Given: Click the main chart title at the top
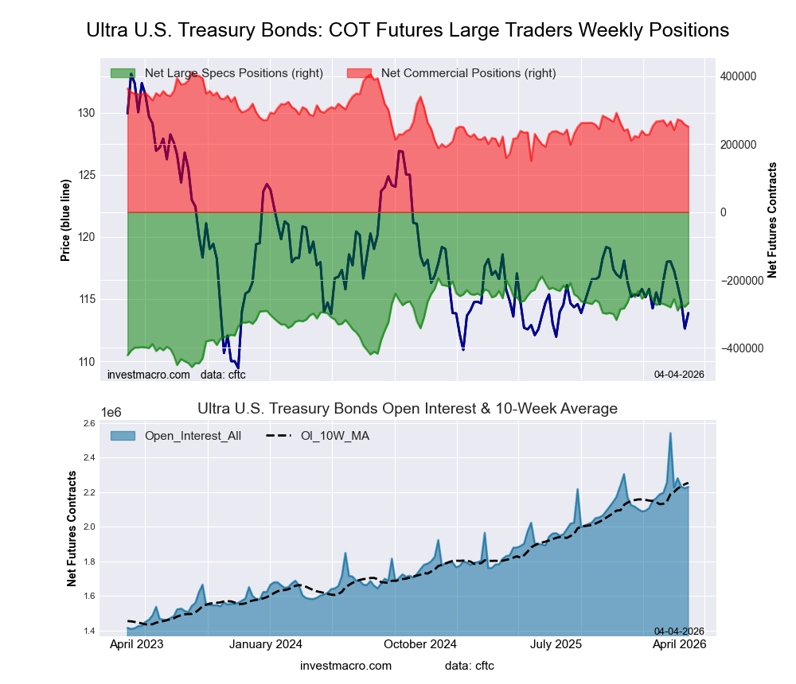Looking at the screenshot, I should pyautogui.click(x=407, y=30).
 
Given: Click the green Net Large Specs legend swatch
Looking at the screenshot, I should pyautogui.click(x=123, y=73).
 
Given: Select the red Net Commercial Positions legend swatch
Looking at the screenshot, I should pyautogui.click(x=360, y=73).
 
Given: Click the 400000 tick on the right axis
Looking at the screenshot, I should pyautogui.click(x=738, y=76).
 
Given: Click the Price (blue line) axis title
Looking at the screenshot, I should pyautogui.click(x=66, y=220).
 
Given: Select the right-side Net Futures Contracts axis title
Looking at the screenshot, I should pyautogui.click(x=771, y=220).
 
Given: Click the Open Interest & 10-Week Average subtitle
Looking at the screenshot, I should pyautogui.click(x=407, y=409).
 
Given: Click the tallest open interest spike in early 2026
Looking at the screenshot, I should pyautogui.click(x=670, y=433).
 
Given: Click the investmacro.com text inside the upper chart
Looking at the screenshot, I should pyautogui.click(x=148, y=375).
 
